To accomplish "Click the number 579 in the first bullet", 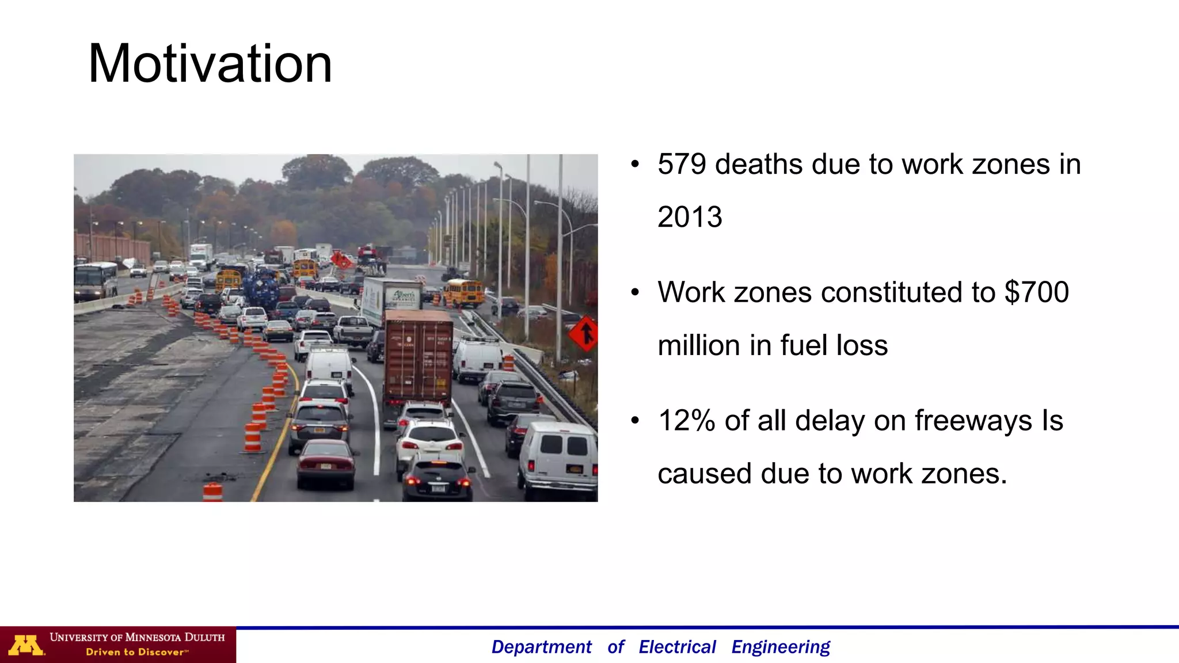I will [x=682, y=165].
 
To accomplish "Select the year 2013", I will [x=690, y=217].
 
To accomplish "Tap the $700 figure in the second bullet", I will [x=1036, y=292].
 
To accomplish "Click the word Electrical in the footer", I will [x=677, y=647].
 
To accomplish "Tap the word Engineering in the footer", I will [x=781, y=647].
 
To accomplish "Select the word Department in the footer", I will [x=541, y=647].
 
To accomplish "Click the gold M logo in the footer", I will [x=26, y=645].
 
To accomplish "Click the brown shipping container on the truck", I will [x=418, y=357].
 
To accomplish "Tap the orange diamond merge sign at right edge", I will [x=584, y=333].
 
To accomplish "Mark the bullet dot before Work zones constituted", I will [x=635, y=292].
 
